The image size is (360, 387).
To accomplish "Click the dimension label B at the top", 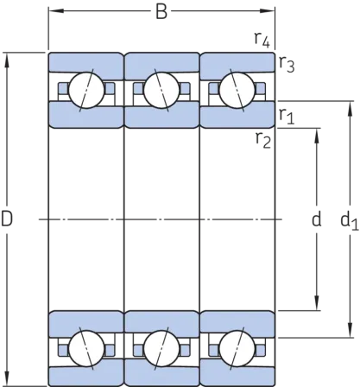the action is [161, 12].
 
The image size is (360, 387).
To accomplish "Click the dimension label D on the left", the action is [7, 219].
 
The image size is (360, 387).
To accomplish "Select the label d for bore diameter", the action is [317, 219].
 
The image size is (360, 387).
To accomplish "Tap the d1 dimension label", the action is [350, 221].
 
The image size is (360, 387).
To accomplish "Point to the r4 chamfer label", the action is [262, 39].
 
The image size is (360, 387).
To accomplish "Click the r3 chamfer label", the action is [287, 65].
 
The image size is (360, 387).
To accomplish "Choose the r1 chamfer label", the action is [287, 117].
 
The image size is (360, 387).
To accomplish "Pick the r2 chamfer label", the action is [263, 141].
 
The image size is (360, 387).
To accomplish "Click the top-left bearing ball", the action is [86, 90].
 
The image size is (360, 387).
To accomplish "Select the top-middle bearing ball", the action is [161, 90].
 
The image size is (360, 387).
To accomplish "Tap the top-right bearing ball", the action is [237, 90].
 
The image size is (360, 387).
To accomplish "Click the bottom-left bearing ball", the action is [86, 348].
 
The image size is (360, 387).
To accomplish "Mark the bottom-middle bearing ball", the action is [161, 348].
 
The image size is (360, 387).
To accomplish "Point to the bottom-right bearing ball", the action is [237, 348].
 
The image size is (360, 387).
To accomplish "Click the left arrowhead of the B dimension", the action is [55, 11].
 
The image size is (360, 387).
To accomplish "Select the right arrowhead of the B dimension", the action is [268, 11].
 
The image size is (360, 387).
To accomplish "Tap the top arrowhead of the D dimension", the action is [7, 60].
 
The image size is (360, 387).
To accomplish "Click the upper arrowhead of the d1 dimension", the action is [350, 109].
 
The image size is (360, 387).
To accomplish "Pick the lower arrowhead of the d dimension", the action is [317, 303].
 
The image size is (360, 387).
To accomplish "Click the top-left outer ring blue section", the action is [86, 62].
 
